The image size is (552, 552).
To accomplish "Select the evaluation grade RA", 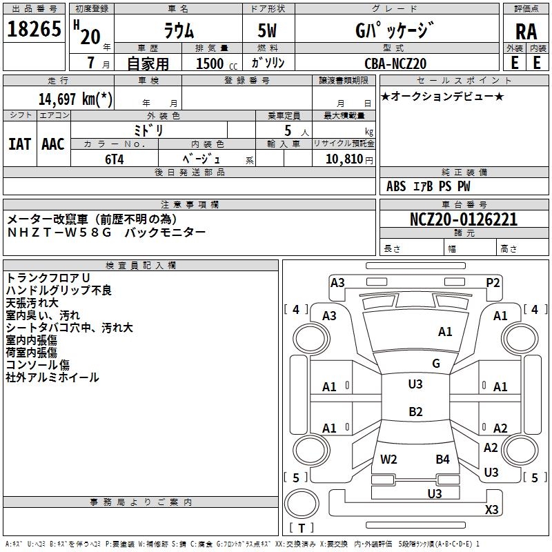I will pos(526,32).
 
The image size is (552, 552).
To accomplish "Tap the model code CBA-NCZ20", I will pos(395,63).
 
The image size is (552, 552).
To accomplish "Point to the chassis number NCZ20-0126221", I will pos(463,220).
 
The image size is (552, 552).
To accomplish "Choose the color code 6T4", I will pos(115,158).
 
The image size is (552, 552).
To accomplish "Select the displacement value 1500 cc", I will pos(213,63).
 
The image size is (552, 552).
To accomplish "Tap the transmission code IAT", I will pos(19,144).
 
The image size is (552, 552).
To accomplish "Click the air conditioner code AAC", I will pos(53,144).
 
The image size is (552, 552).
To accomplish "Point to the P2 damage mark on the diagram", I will pos(493,282).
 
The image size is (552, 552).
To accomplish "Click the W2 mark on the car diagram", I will pos(388,459).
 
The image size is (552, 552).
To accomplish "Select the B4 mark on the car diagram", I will pos(442,459).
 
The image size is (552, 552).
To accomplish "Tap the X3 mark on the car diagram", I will pos(492,509).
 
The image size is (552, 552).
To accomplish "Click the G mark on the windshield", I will pos(435,363).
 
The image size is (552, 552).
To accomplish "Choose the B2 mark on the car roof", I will pos(415,412).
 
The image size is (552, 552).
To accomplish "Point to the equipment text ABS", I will pos(396,186).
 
